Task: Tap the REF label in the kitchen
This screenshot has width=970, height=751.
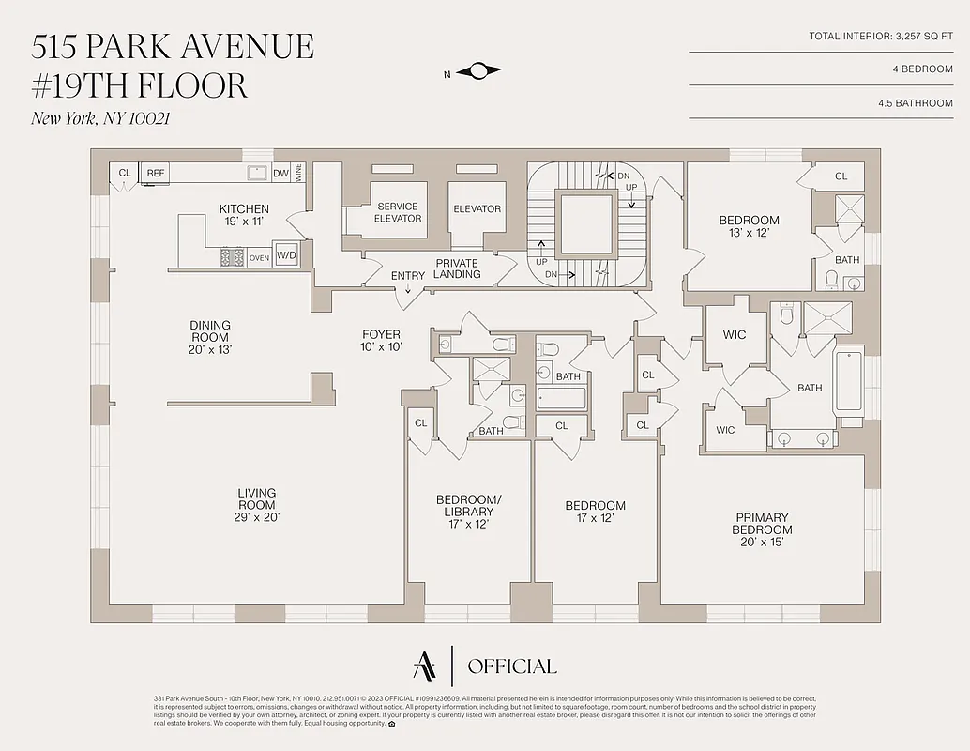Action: tap(155, 174)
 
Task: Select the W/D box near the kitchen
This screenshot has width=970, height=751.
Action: tap(285, 255)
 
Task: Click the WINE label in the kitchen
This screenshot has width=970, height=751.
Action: tap(299, 173)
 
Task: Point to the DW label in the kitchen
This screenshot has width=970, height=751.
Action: tap(280, 174)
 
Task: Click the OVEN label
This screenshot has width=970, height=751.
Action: tap(259, 256)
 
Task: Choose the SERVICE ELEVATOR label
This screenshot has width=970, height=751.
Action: tap(398, 212)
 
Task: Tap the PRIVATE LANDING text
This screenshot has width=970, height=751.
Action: tap(457, 268)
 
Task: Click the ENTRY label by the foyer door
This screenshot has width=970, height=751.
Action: tap(408, 276)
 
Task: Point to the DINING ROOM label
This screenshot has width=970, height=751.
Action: tap(209, 337)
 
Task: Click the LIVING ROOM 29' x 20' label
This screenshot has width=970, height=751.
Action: tap(256, 504)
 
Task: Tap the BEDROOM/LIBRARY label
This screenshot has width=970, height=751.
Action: tap(468, 512)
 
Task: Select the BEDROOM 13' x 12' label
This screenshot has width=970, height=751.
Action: tap(749, 226)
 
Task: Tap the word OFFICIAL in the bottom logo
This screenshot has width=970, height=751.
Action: tap(511, 667)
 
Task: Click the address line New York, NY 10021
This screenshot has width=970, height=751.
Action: tap(101, 118)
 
